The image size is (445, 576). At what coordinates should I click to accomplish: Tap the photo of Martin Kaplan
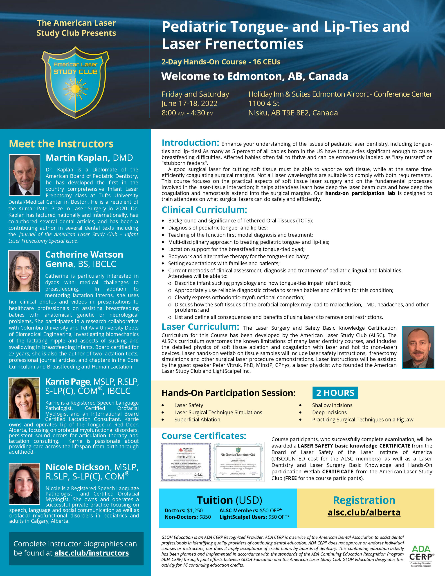point(25,175)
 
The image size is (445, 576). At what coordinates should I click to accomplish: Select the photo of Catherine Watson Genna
point(24,271)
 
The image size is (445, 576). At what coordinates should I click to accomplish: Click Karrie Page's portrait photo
point(24,398)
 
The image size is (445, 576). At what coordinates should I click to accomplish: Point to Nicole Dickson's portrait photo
point(24,484)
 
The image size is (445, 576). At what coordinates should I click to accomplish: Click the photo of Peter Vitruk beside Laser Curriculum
point(418,347)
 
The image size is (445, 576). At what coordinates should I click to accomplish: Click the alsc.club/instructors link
point(92,553)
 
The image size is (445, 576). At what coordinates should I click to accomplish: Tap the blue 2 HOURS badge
point(335,393)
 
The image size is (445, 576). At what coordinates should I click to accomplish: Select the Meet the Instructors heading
point(61,144)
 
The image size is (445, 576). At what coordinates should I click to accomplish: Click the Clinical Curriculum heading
point(204,210)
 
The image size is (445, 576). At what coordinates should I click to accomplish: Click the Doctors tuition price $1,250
point(195,510)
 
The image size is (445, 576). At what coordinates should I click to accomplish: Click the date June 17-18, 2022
point(189,103)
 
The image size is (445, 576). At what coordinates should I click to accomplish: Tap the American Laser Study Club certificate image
point(238,462)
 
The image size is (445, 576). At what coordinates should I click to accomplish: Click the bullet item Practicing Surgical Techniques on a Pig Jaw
point(362,420)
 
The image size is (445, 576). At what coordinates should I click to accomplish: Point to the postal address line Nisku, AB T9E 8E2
point(293,113)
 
